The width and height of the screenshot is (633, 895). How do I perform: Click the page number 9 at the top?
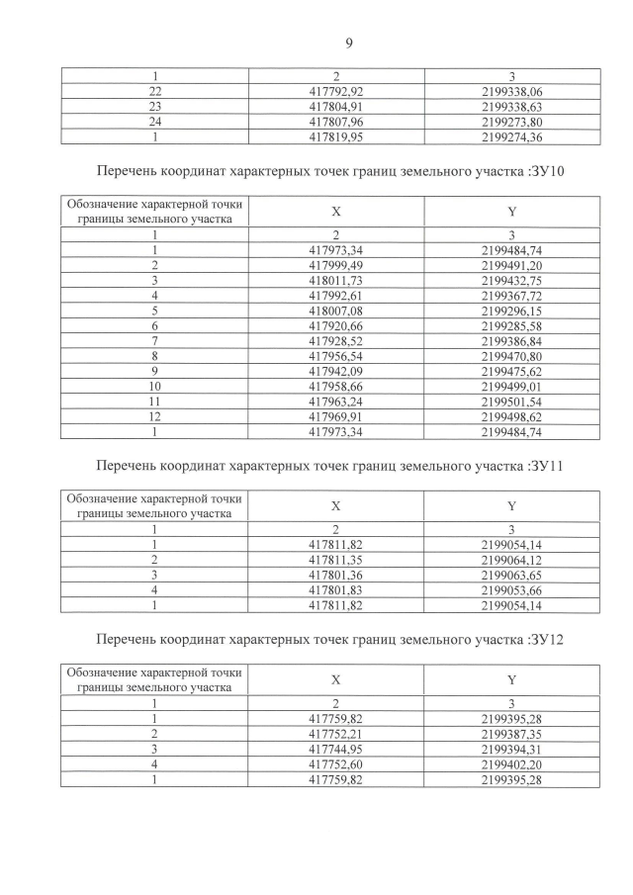(349, 42)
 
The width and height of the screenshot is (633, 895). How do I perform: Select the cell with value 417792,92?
(335, 91)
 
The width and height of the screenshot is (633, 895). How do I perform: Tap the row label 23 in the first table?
(153, 107)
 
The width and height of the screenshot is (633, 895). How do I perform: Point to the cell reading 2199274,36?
(511, 136)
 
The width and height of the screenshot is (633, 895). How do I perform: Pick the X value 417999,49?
(335, 265)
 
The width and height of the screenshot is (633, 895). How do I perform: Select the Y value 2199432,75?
(511, 280)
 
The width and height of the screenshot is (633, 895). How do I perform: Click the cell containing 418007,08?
(335, 310)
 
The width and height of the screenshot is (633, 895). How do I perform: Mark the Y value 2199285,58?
(511, 324)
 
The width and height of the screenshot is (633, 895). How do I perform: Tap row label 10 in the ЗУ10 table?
(153, 384)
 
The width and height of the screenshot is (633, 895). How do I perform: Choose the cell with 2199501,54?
(511, 400)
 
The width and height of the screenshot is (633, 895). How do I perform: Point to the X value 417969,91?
(335, 414)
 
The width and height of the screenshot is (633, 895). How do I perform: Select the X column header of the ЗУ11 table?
(335, 505)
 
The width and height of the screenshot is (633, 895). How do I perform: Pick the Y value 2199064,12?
(511, 560)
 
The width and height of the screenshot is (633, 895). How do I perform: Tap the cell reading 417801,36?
(335, 575)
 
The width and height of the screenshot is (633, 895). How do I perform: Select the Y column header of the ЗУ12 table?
(511, 679)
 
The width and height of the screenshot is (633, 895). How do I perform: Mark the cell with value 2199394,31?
(511, 749)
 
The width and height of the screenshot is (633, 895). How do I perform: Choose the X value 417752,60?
(335, 763)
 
